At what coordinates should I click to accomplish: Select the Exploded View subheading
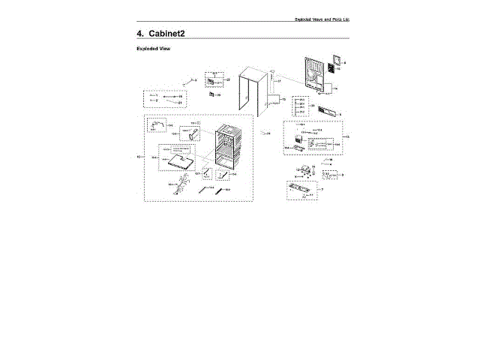click(x=154, y=49)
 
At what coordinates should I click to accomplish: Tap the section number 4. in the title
click(x=140, y=34)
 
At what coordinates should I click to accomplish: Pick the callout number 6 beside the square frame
click(x=345, y=62)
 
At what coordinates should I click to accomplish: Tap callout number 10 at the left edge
click(x=138, y=157)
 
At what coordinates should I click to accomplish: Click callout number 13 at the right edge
click(x=347, y=136)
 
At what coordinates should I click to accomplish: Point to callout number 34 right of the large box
click(x=268, y=133)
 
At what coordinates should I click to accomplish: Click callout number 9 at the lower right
click(x=343, y=175)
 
